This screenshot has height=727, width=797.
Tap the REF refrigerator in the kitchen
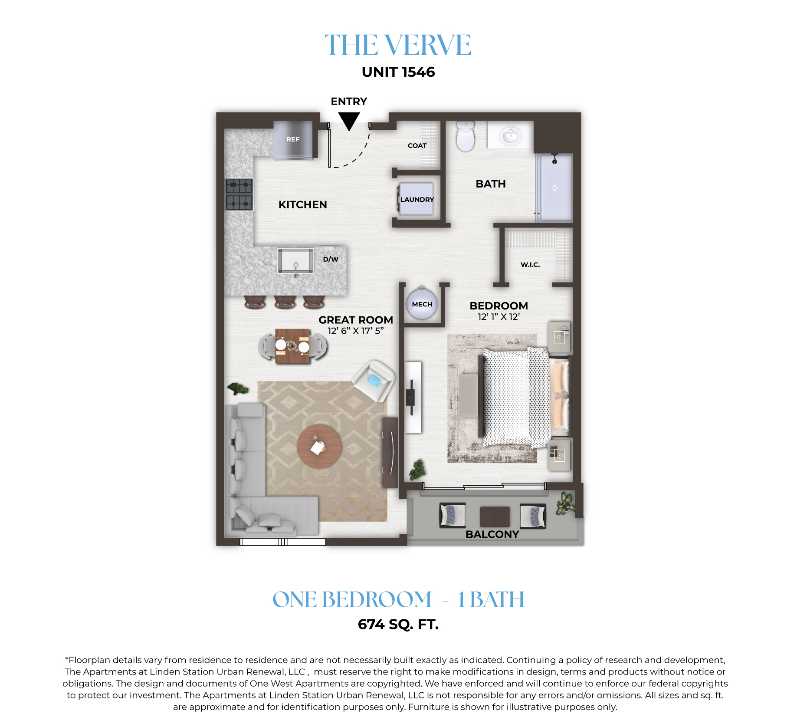[x=293, y=140]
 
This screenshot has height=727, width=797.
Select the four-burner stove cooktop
[x=239, y=194]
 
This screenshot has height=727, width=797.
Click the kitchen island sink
[x=295, y=261]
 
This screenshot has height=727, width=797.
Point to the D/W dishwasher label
[x=331, y=259]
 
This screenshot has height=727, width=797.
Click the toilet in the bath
[x=466, y=136]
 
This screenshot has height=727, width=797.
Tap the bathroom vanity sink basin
[x=511, y=136]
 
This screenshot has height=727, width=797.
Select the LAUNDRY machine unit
[x=417, y=199]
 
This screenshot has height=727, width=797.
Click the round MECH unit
[x=422, y=304]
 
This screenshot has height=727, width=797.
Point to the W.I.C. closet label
[x=530, y=264]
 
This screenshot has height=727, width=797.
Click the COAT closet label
[x=417, y=146]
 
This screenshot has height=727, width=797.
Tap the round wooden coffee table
[x=319, y=447]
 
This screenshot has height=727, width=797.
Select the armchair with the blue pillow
[x=374, y=381]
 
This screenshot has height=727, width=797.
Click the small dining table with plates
[x=293, y=346]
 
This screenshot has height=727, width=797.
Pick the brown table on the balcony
[x=495, y=516]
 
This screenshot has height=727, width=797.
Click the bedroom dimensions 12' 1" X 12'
[x=499, y=317]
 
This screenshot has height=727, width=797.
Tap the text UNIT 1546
[x=398, y=72]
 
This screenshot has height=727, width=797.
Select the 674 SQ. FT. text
[x=398, y=625]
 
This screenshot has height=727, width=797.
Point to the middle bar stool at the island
[x=285, y=302]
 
